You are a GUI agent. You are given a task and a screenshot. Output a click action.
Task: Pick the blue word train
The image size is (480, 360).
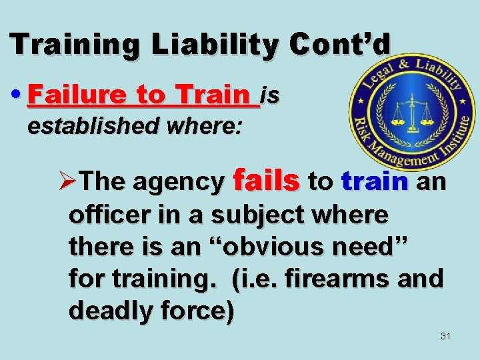(x=373, y=181)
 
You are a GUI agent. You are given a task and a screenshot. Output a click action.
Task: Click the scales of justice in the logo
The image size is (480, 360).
(x=412, y=116)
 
